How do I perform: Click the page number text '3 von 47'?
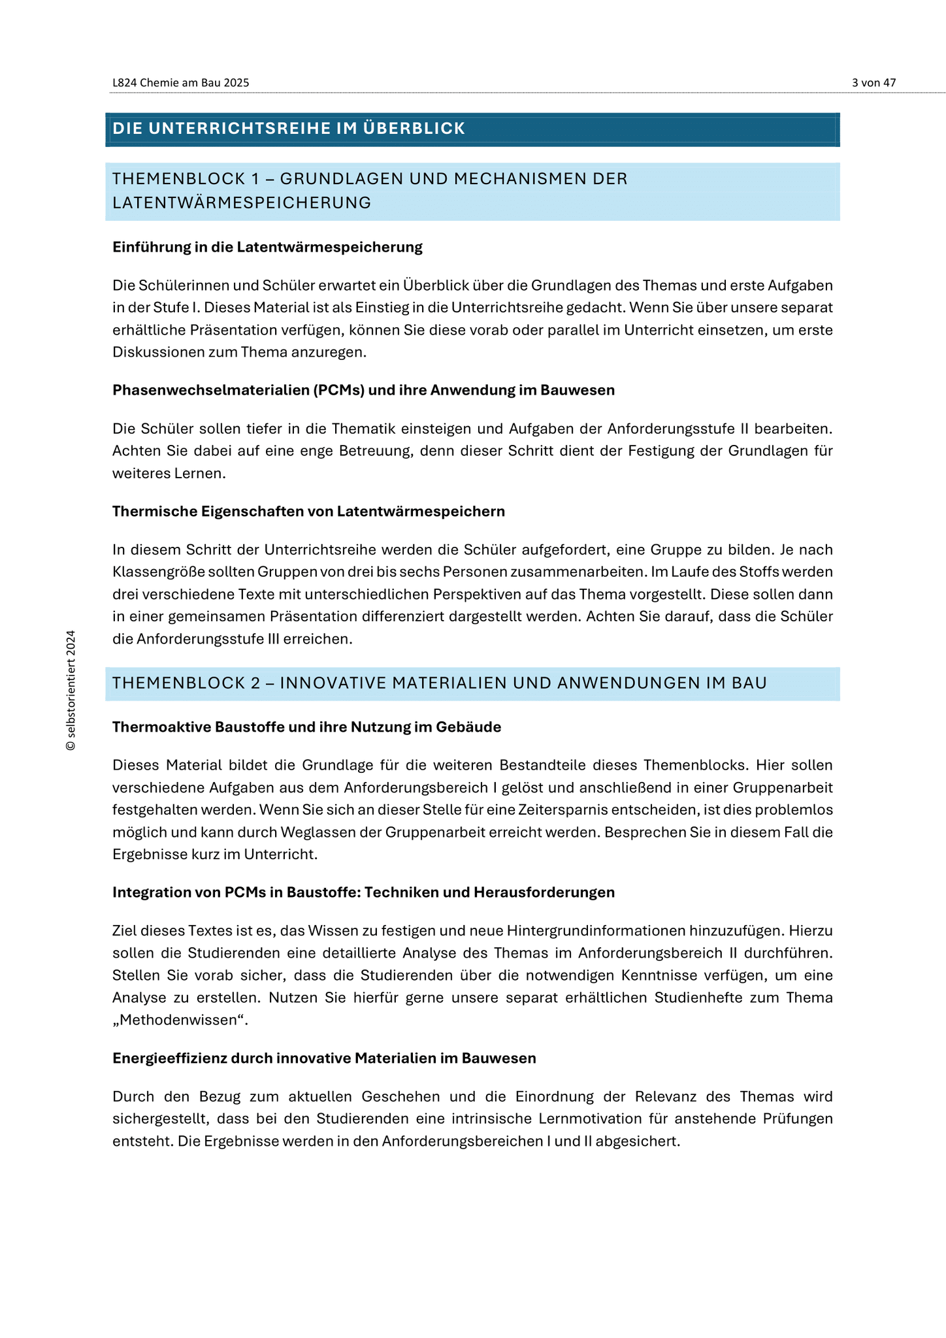(x=873, y=83)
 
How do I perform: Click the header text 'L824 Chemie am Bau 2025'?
(x=181, y=83)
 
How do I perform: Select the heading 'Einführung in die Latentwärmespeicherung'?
(x=267, y=247)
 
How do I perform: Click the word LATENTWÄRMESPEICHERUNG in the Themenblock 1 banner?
(x=242, y=203)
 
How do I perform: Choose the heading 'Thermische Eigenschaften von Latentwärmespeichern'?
(x=308, y=511)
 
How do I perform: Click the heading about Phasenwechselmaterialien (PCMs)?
(x=363, y=390)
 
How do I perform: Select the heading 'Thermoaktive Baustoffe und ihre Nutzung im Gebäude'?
(x=306, y=727)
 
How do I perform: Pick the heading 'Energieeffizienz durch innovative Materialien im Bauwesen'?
(x=324, y=1058)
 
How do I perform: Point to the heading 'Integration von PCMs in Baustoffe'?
(x=363, y=892)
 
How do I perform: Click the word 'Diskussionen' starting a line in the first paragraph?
(x=154, y=353)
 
